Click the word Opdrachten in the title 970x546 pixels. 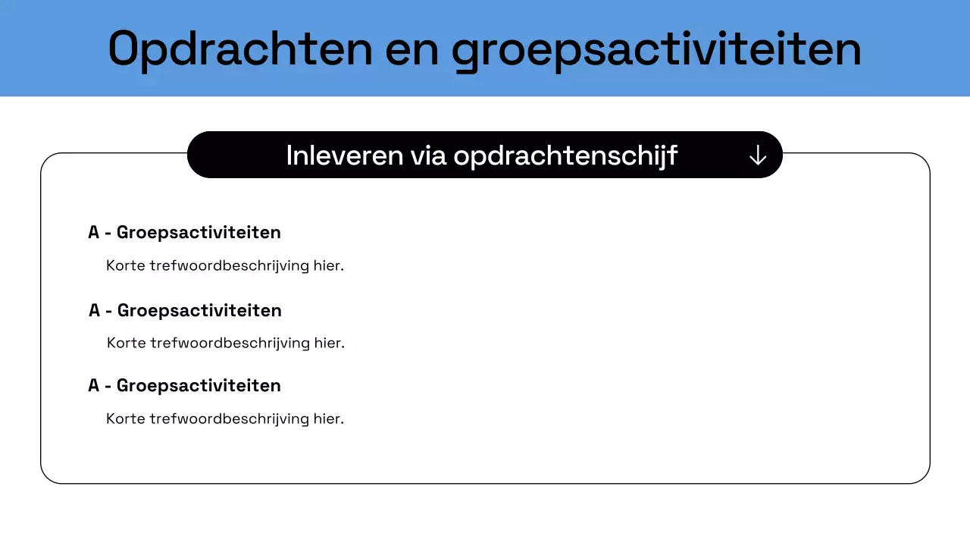(x=240, y=49)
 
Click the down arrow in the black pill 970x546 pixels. (x=757, y=155)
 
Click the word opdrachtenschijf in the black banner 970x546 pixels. (x=565, y=156)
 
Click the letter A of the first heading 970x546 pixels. (x=94, y=232)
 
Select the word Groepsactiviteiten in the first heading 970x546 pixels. (x=199, y=232)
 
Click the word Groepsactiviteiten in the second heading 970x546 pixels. (x=199, y=310)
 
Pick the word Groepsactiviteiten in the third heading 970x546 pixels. (x=199, y=385)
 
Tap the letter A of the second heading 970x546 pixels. (x=95, y=310)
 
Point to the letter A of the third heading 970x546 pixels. (x=94, y=385)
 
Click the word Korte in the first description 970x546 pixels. (x=126, y=266)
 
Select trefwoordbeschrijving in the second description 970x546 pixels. (x=230, y=343)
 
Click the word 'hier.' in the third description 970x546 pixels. (x=329, y=419)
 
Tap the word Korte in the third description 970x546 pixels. (x=126, y=419)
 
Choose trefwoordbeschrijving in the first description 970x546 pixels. (x=229, y=266)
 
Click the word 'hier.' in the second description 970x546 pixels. (x=330, y=343)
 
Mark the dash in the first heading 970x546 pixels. (x=108, y=233)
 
